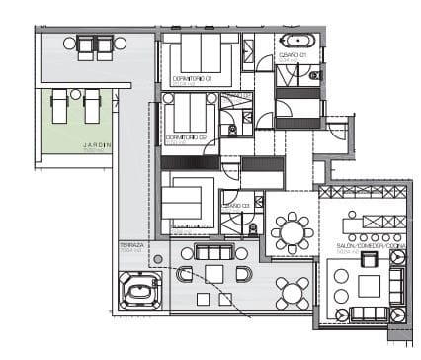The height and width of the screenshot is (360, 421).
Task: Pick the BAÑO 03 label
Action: [234, 205]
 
